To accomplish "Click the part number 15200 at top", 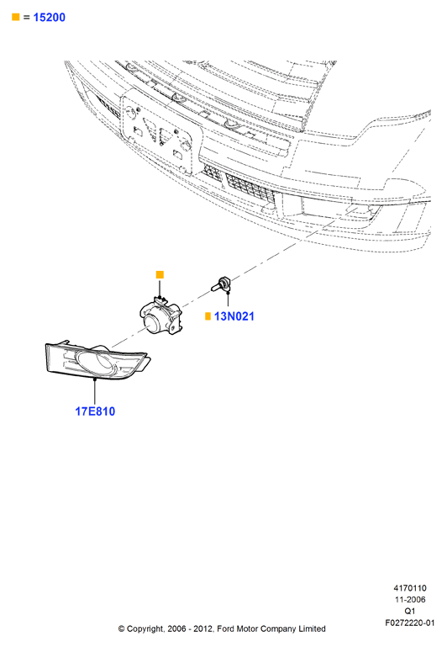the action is click(49, 18).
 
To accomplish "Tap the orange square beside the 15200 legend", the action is click(16, 17).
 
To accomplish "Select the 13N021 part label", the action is click(234, 316).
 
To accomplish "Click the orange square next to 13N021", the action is click(208, 316).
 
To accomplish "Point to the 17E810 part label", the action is click(95, 411).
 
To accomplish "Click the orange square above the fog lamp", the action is click(160, 274).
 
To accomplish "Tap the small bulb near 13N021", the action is click(221, 284).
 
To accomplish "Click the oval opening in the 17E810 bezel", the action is click(95, 362).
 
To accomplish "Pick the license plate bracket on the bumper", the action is click(162, 132).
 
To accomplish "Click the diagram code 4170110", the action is click(410, 588).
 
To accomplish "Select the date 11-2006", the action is click(410, 600).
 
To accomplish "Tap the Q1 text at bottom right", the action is click(410, 611).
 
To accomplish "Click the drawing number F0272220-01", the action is click(410, 623).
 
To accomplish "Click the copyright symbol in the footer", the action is click(122, 629).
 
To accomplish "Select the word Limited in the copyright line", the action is click(312, 628).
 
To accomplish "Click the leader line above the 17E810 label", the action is click(95, 391).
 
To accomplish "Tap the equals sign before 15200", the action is click(26, 18).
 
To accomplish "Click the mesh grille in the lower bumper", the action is click(250, 188).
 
